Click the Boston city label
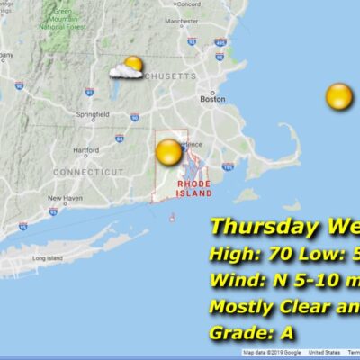click(x=212, y=99)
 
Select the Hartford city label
click(x=85, y=150)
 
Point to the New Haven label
click(x=66, y=198)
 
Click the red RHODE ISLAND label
click(x=194, y=188)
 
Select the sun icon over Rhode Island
click(x=168, y=152)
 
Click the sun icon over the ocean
click(x=339, y=96)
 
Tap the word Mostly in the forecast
click(x=240, y=306)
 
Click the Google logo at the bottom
click(x=286, y=352)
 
